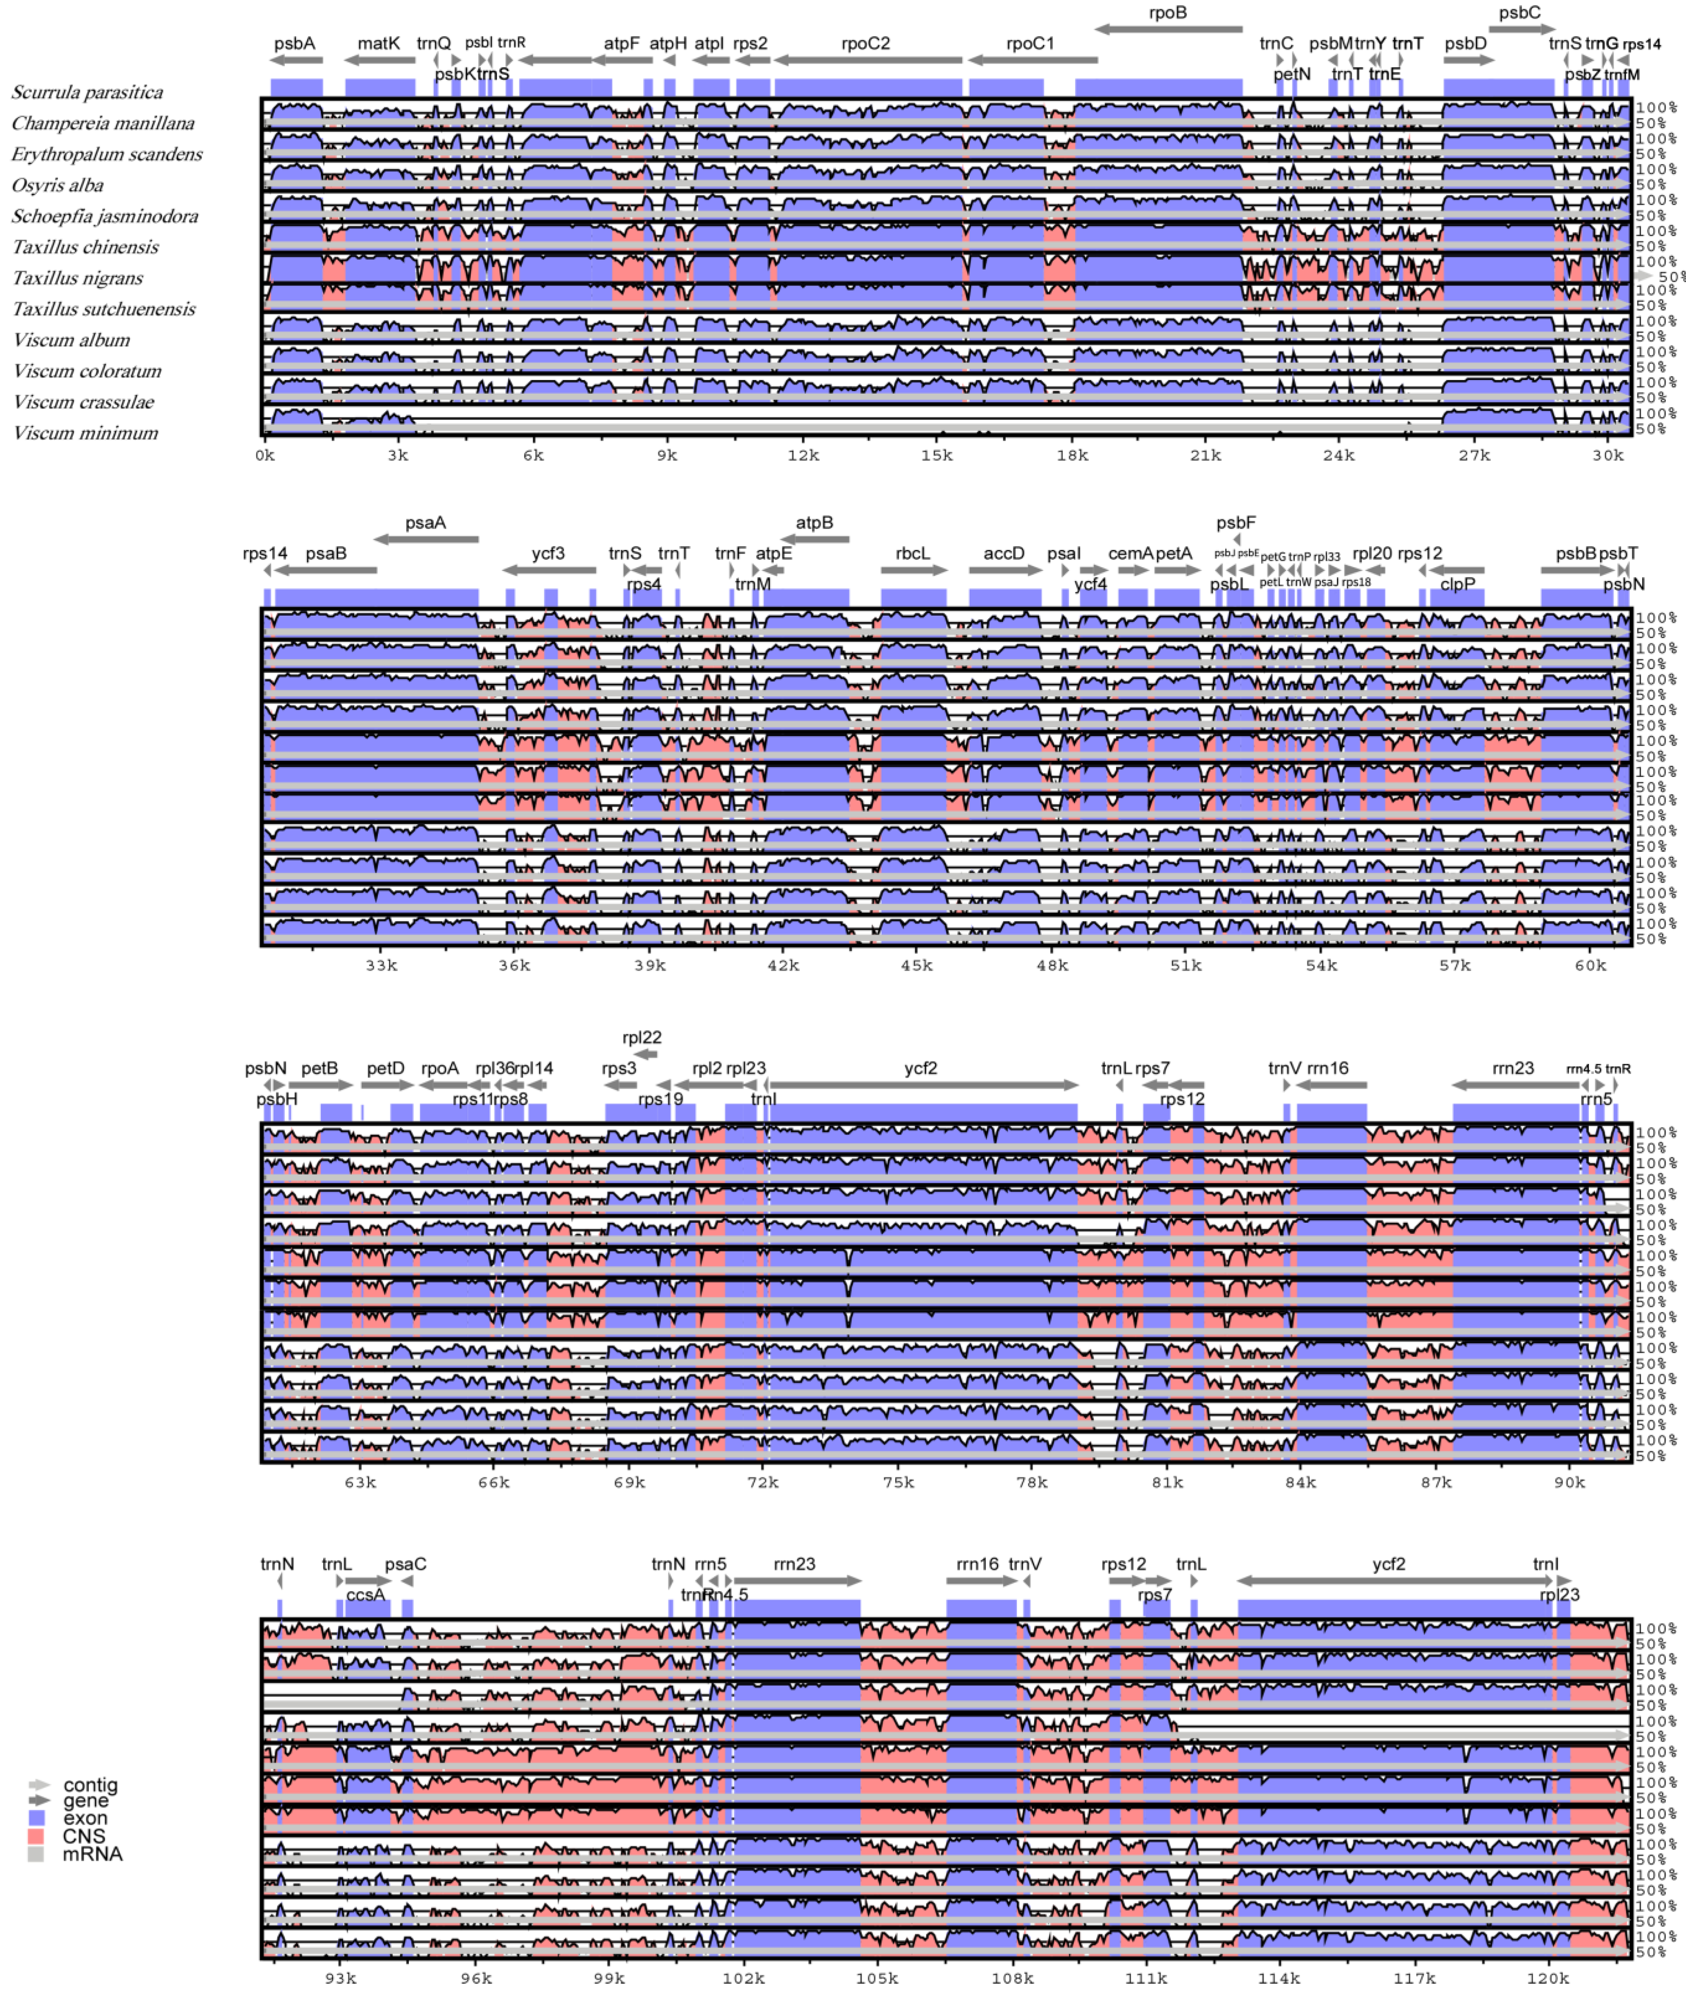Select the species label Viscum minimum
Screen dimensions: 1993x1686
point(85,433)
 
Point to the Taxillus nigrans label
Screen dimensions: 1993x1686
point(77,278)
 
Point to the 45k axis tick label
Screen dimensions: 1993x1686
point(917,965)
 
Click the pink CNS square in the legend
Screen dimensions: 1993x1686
point(36,1836)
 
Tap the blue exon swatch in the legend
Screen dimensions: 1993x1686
point(36,1818)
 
